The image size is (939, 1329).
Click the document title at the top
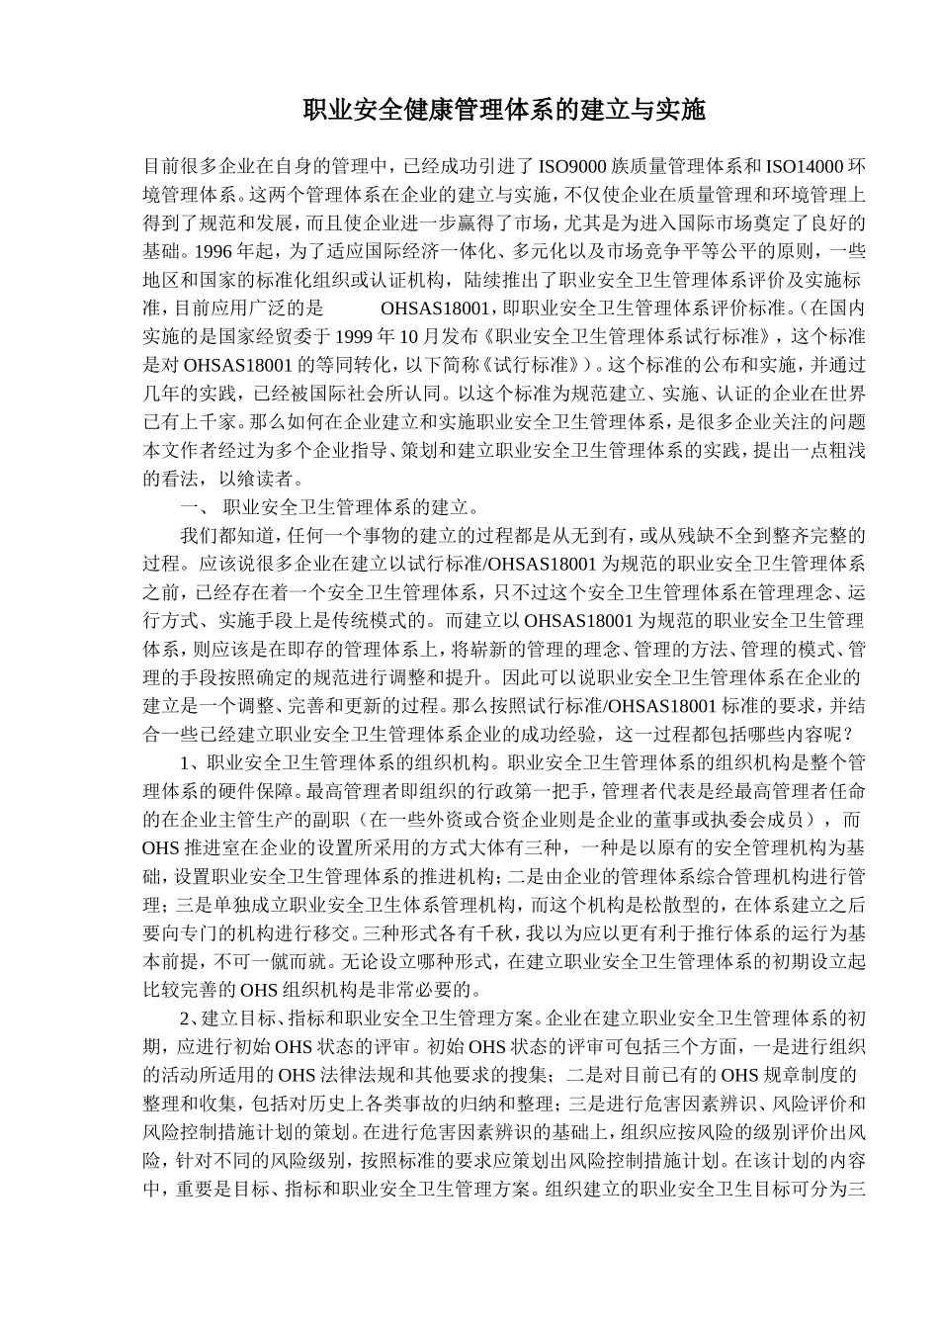coord(504,109)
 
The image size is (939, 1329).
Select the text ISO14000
coord(806,165)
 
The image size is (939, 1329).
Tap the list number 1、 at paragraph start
coord(192,763)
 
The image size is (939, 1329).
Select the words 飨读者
coord(267,480)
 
